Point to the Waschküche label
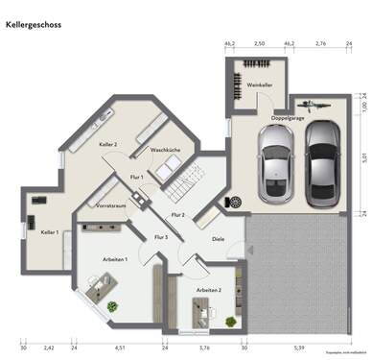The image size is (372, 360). (x=166, y=151)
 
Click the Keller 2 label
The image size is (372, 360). (x=107, y=144)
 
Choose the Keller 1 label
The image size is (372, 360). (x=50, y=232)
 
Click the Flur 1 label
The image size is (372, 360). (x=135, y=178)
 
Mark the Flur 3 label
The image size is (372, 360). (x=160, y=236)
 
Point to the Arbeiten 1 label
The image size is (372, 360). (x=116, y=259)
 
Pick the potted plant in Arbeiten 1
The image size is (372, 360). (x=112, y=305)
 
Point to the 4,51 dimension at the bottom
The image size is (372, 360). (x=119, y=347)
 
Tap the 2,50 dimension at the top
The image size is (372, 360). (x=259, y=44)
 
